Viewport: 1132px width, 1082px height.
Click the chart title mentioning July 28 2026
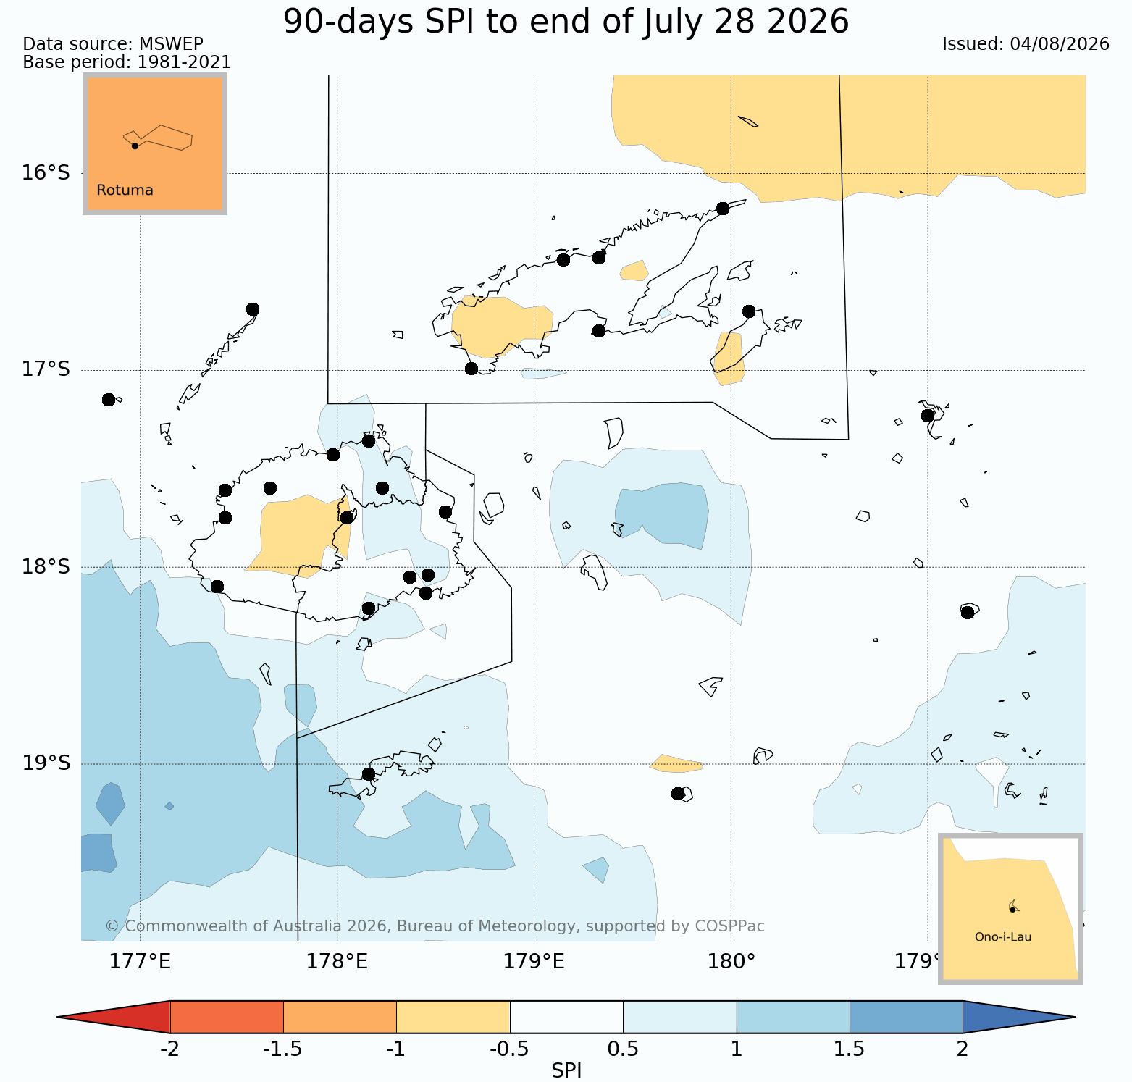click(x=566, y=22)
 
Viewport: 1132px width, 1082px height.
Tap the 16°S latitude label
click(x=46, y=173)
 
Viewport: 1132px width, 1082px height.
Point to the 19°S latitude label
click(x=46, y=763)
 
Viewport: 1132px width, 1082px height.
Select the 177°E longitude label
click(x=140, y=962)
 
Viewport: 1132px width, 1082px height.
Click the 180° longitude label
click(x=731, y=962)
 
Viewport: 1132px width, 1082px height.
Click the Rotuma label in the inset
click(x=125, y=190)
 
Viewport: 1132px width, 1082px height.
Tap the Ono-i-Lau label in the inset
click(x=1003, y=936)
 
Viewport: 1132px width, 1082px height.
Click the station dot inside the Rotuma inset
click(x=135, y=146)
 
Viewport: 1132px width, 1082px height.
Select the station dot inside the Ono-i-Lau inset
click(x=1012, y=909)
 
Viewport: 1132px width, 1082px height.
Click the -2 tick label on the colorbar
click(x=169, y=1049)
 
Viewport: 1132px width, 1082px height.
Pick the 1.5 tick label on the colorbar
click(x=850, y=1049)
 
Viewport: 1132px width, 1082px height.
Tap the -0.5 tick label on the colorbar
click(x=510, y=1049)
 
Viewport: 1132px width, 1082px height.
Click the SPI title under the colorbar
click(x=566, y=1070)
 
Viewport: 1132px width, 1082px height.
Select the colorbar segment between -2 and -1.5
click(x=227, y=1017)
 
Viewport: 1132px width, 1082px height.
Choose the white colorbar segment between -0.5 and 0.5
click(x=566, y=1017)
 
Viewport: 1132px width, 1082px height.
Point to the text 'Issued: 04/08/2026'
click(x=1026, y=44)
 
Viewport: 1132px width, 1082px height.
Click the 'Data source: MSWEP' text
click(x=113, y=44)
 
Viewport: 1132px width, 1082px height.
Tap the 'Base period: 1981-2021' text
click(x=127, y=62)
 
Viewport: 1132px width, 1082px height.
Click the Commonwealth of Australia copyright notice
click(x=435, y=926)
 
